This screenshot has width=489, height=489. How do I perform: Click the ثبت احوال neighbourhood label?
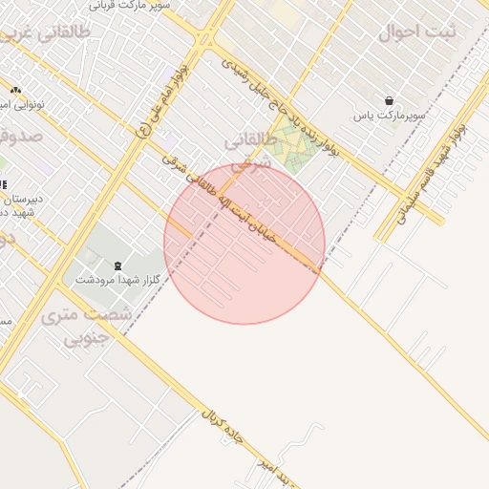coord(417,32)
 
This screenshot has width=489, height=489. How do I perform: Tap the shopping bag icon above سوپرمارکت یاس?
coord(389,100)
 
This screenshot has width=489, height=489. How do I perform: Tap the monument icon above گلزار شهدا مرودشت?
coord(117,265)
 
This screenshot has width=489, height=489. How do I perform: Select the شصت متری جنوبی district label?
coord(78,325)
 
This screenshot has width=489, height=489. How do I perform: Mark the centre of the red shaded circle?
coord(244,244)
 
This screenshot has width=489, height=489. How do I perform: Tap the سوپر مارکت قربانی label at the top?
coord(135,5)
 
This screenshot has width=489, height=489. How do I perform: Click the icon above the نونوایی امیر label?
coord(15,89)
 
